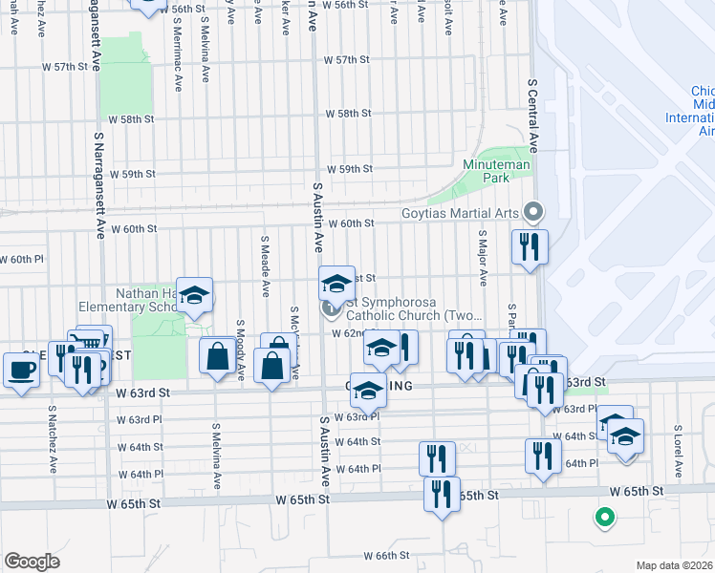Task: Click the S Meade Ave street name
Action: (264, 254)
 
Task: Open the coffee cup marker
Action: (20, 369)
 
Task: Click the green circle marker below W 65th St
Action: (603, 519)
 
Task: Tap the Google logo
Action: (32, 562)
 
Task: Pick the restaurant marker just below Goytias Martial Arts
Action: (529, 247)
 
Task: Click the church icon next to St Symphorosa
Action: (331, 308)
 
